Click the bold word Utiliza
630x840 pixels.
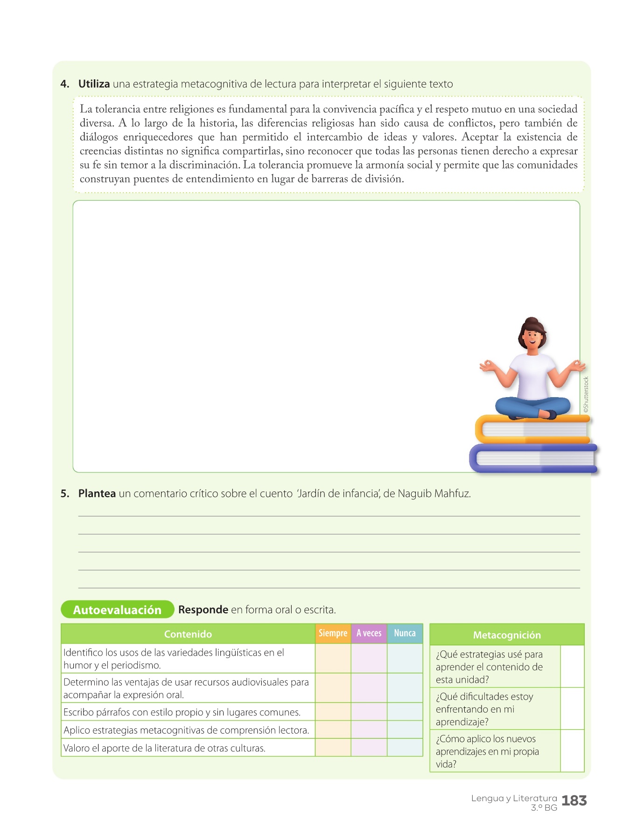point(94,84)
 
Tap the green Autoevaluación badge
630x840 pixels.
point(117,610)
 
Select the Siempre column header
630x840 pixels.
point(333,633)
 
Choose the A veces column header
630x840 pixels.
point(369,633)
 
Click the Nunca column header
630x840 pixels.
point(405,633)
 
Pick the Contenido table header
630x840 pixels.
point(188,634)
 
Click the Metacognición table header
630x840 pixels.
point(507,635)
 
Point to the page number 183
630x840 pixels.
point(574,801)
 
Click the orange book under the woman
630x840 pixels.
point(532,429)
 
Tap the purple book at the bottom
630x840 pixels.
point(532,459)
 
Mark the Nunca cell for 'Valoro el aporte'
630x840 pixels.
point(405,748)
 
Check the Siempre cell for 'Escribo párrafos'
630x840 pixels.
point(333,712)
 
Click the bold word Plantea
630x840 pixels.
point(97,494)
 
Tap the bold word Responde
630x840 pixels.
point(203,610)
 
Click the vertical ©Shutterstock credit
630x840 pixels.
point(586,394)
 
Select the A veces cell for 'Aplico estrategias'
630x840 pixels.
point(369,730)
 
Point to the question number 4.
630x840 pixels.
point(65,84)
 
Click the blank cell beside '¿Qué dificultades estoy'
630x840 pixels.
point(572,709)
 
